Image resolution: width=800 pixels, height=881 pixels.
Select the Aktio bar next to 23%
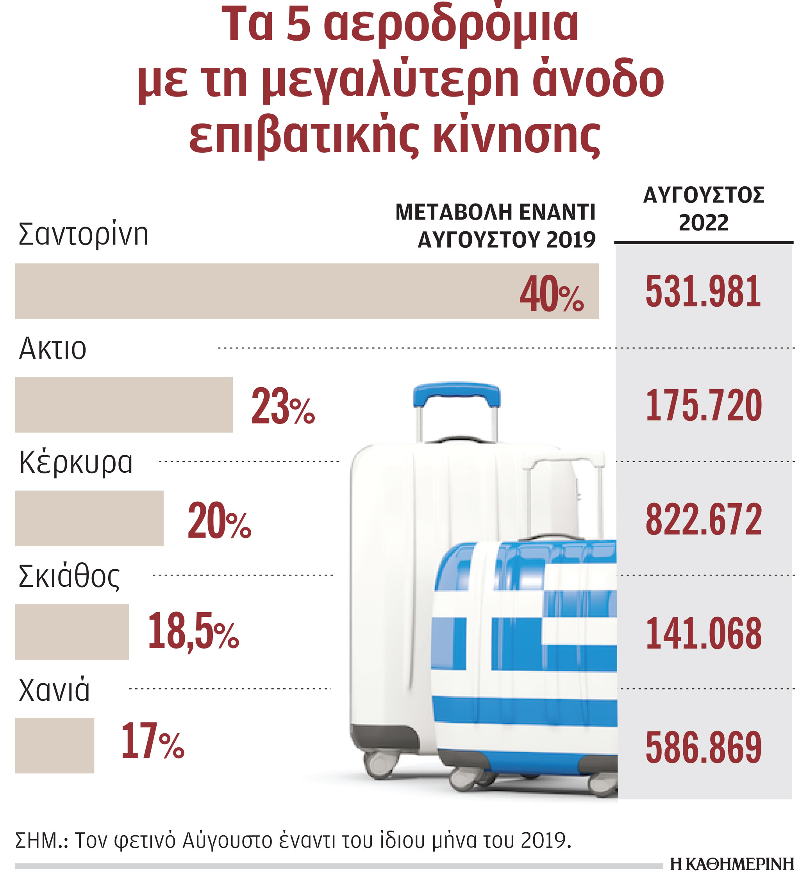(124, 405)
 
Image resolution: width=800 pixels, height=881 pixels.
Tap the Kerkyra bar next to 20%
(89, 518)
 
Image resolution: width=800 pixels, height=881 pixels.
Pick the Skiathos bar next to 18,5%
(71, 632)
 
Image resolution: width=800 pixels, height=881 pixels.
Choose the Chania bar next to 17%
(54, 745)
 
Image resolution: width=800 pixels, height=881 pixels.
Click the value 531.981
(703, 292)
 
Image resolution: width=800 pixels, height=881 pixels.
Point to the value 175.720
(704, 406)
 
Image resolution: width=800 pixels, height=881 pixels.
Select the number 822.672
(704, 519)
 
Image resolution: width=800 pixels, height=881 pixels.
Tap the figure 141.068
(704, 633)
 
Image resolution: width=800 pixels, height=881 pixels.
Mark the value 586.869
(704, 747)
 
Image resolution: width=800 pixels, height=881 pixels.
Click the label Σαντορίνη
(83, 234)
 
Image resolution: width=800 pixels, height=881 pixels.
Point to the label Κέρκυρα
(75, 462)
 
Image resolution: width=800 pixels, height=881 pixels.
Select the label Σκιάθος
(69, 577)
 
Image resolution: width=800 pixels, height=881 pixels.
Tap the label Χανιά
(54, 690)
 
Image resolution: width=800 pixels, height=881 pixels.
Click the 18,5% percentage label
(193, 632)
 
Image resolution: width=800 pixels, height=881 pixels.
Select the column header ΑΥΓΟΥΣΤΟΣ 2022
(703, 209)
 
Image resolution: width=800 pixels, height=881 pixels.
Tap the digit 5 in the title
(299, 24)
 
